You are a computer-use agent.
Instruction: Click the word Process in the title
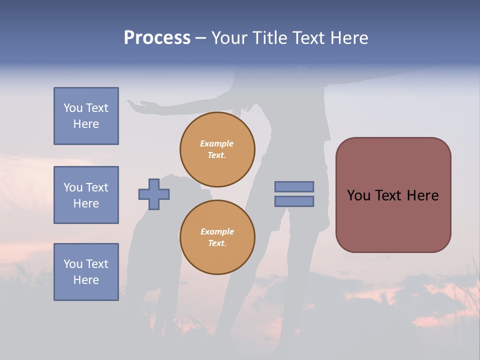(157, 38)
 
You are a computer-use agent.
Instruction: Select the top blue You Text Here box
(86, 116)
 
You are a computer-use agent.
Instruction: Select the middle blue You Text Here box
(86, 195)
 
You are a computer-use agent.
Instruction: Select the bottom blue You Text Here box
(86, 271)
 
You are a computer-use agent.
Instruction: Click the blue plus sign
(154, 194)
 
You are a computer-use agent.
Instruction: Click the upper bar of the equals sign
(294, 186)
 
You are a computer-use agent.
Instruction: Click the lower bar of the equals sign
(294, 201)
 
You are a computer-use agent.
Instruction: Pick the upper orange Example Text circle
(217, 149)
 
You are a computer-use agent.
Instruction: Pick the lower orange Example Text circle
(217, 237)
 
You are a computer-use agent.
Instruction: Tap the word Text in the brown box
(393, 195)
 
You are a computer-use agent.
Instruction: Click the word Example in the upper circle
(217, 143)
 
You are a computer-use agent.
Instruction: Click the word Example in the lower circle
(217, 231)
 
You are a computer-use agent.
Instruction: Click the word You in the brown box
(358, 195)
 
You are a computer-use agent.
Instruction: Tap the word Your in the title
(230, 38)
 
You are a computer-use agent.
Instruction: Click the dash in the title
(200, 38)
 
